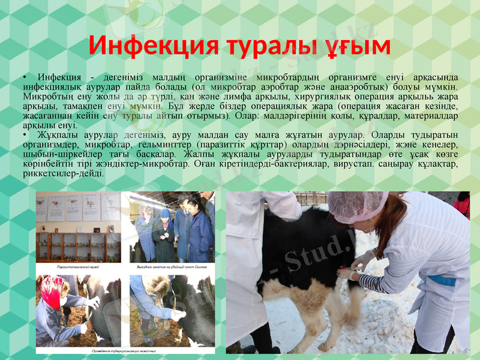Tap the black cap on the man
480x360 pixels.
(x=182, y=198)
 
